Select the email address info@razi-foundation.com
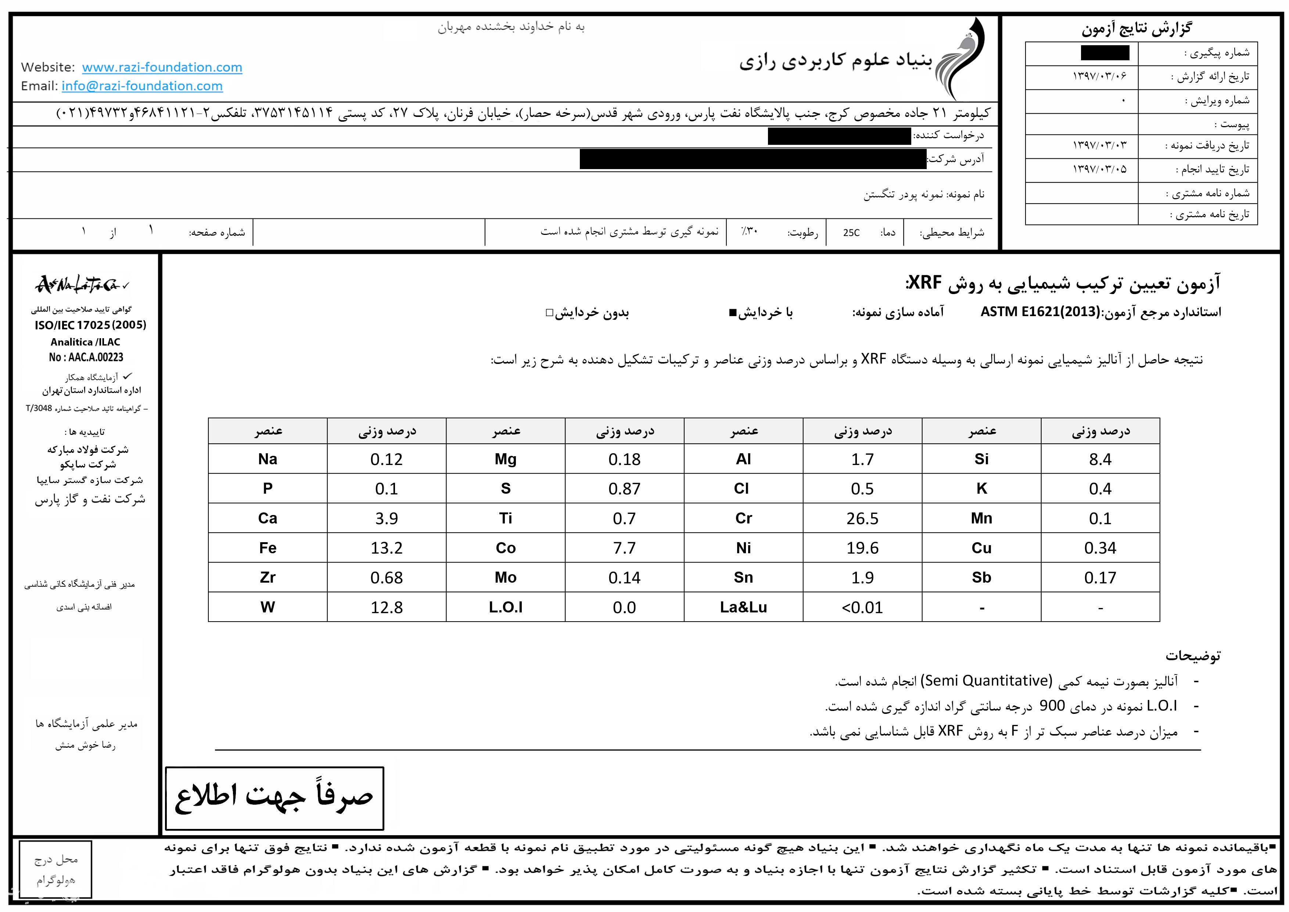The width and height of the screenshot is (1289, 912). pyautogui.click(x=142, y=86)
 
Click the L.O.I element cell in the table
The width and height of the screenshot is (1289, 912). pyautogui.click(x=505, y=607)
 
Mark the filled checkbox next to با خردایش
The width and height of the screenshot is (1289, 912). pyautogui.click(x=732, y=313)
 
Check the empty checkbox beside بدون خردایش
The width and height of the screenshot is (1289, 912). pyautogui.click(x=550, y=313)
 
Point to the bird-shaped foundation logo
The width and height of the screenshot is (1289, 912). pyautogui.click(x=961, y=59)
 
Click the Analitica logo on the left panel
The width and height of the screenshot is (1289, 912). pyautogui.click(x=83, y=285)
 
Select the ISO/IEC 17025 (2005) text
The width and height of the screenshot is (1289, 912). pyautogui.click(x=90, y=325)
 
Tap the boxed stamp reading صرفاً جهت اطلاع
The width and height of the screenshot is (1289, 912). pyautogui.click(x=274, y=798)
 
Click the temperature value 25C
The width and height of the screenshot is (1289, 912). pyautogui.click(x=851, y=232)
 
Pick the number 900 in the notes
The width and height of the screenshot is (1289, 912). pyautogui.click(x=1052, y=706)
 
